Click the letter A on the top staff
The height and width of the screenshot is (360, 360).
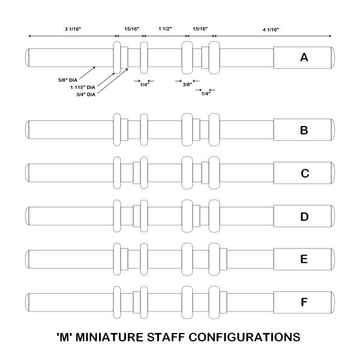[x=304, y=58]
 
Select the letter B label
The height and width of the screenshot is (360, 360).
[x=304, y=130]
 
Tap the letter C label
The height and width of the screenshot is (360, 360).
[x=304, y=173]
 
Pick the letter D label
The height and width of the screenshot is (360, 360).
[x=304, y=216]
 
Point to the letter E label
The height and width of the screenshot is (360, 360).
[x=304, y=259]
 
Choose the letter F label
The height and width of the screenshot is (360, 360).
[x=304, y=302]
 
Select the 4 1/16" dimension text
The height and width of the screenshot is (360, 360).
[x=271, y=29]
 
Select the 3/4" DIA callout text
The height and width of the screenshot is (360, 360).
[x=82, y=94]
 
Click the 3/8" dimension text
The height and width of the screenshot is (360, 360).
[x=187, y=85]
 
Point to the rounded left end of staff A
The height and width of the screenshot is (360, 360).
[x=28, y=58]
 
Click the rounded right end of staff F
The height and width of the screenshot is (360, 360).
[x=333, y=302]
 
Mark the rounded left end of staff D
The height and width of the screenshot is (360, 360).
[x=28, y=216]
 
